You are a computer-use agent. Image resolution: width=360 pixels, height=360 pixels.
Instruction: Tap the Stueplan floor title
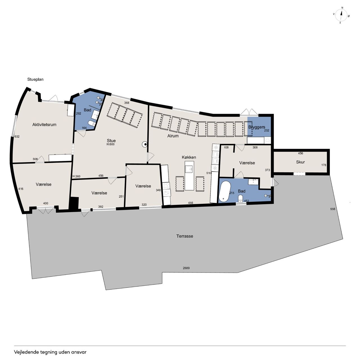pos(35,79)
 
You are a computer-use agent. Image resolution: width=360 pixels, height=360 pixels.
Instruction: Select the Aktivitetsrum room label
pos(44,125)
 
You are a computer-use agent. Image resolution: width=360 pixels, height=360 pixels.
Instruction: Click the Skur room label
pos(300,162)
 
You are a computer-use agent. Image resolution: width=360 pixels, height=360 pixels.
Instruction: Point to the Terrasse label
pos(184,236)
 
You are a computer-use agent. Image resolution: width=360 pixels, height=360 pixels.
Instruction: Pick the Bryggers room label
pos(257,127)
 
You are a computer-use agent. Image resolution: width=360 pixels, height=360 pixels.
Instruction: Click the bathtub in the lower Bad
pos(225,191)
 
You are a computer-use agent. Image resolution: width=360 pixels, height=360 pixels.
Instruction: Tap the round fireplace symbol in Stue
pos(145,144)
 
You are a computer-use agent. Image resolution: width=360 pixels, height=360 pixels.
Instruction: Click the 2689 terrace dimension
pos(186,268)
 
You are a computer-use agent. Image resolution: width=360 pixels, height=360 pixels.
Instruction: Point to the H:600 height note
pos(111,144)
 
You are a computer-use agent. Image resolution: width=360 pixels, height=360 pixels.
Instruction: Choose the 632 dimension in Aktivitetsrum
pos(17,137)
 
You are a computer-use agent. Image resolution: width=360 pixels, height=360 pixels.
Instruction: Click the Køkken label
pos(189,157)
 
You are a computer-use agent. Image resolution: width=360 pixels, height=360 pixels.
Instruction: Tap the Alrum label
pos(173,136)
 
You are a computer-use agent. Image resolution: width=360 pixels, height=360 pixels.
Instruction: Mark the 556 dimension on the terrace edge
pos(333,209)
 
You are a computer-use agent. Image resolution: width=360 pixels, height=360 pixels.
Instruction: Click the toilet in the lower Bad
pos(240,198)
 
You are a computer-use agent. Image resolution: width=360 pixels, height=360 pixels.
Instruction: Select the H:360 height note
pos(76,176)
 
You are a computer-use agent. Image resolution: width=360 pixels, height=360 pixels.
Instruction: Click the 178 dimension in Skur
pos(324,165)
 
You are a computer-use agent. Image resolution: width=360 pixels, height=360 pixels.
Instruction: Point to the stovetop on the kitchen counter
pos(166,186)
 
